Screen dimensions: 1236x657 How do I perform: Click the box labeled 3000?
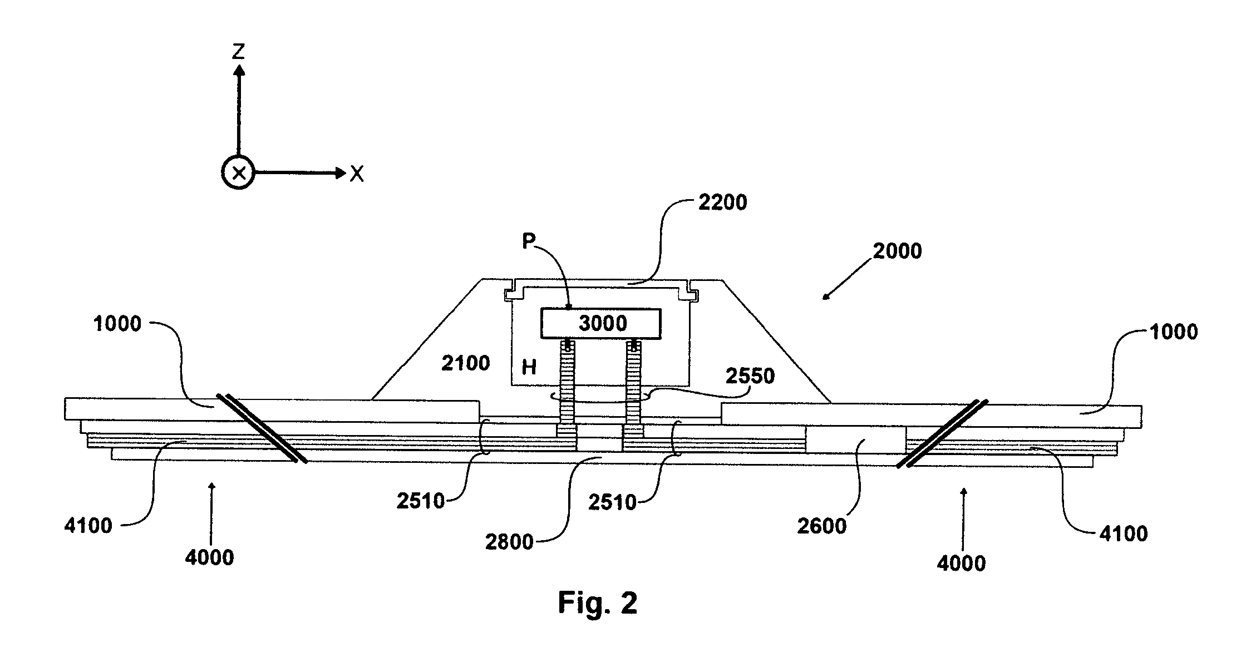(x=601, y=324)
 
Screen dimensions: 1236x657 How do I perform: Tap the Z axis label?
(x=239, y=52)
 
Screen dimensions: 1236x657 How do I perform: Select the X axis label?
(x=357, y=175)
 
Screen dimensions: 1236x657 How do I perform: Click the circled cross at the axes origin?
(x=239, y=173)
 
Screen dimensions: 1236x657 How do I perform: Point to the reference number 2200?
(x=722, y=202)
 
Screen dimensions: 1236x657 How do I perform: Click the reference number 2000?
(x=897, y=251)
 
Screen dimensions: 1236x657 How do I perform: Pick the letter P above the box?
(x=529, y=241)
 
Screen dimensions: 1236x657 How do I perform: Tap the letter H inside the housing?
(x=529, y=367)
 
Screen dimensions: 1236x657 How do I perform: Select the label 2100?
(x=466, y=364)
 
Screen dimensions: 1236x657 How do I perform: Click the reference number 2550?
(x=750, y=376)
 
